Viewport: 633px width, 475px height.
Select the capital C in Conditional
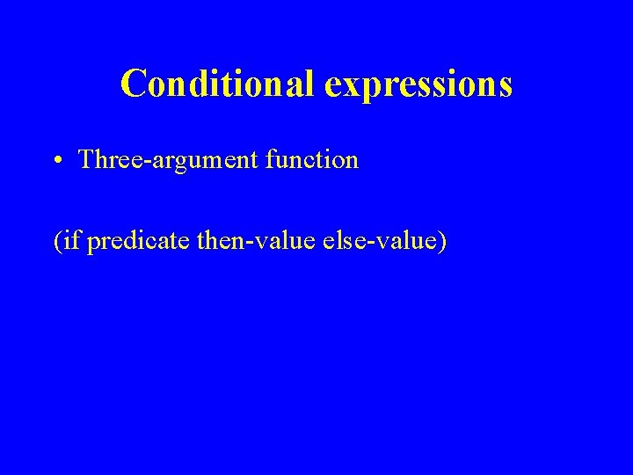click(x=133, y=84)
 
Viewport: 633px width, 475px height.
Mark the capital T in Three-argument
click(x=85, y=160)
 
